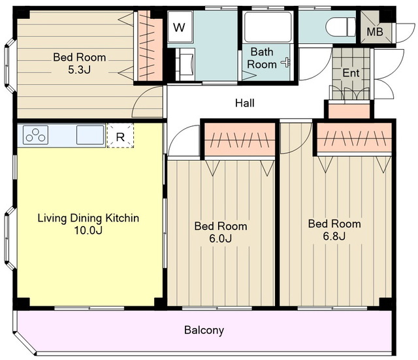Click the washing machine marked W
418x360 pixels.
pos(180,27)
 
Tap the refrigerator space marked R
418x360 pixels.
pos(120,135)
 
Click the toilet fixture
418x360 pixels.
pos(341,27)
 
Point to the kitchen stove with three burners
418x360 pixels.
pos(35,135)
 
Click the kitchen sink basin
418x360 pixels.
pos(90,135)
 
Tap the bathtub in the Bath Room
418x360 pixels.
pos(268,27)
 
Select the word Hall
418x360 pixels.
pos(245,103)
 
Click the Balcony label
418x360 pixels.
pos(204,330)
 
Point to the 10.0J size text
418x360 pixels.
pos(88,231)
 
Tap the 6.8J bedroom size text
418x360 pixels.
pos(334,237)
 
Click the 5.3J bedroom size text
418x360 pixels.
pos(80,70)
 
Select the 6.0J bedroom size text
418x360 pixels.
pos(220,238)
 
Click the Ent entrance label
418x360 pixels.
pos(351,73)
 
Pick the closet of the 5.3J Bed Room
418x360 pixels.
pos(151,46)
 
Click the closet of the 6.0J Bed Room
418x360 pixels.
pos(240,139)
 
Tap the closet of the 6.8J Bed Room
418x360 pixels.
pos(354,138)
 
